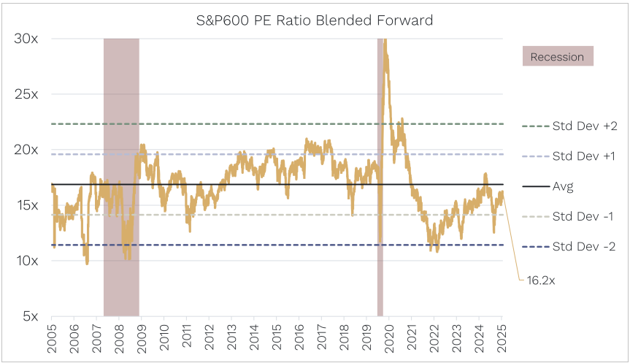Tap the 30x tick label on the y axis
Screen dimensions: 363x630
tap(28, 39)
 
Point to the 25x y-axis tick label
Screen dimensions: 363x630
tap(28, 94)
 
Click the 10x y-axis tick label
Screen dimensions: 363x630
tap(28, 261)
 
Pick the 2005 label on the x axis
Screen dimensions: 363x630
tap(52, 335)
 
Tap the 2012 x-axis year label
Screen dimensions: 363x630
tap(210, 335)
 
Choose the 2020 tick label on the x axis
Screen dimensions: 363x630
tap(388, 335)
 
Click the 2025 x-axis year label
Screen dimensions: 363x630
tap(502, 335)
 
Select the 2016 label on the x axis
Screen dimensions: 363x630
tap(299, 335)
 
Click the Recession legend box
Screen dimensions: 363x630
tap(558, 56)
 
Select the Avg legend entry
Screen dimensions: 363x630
tap(563, 186)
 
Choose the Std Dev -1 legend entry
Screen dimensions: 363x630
tap(583, 216)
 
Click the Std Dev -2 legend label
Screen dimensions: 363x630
tap(583, 246)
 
